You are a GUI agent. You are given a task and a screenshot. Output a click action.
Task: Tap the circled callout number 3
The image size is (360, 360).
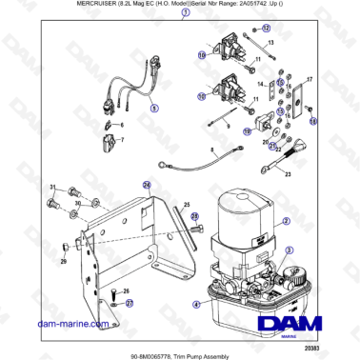click(285, 249)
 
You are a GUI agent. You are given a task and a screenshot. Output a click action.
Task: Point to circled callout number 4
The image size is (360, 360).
click(196, 305)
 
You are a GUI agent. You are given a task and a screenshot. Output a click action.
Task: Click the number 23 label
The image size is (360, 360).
click(288, 174)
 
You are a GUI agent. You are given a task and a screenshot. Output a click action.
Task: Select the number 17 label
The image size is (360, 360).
click(308, 80)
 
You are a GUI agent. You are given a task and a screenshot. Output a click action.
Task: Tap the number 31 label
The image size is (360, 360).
click(53, 187)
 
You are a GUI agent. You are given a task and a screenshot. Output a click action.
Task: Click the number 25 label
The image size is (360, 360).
click(187, 205)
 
